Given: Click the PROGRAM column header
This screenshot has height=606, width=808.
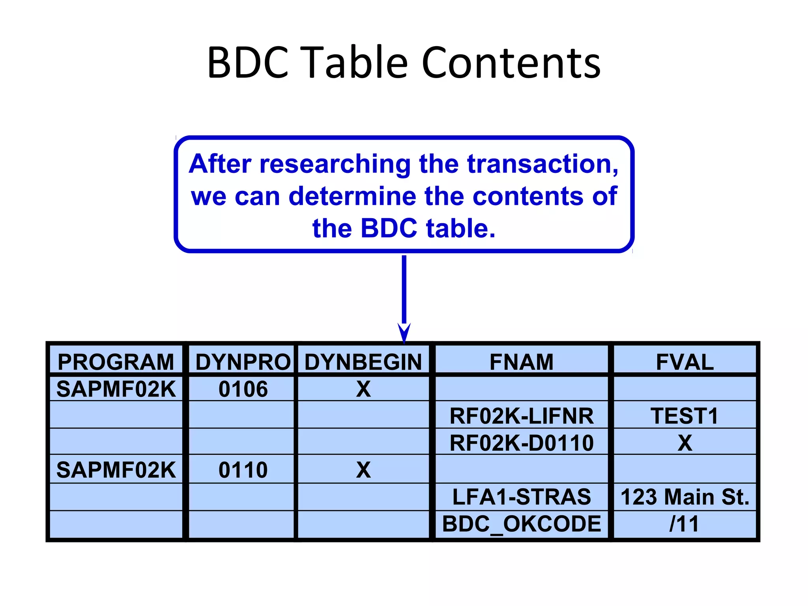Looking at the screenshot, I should (x=116, y=362).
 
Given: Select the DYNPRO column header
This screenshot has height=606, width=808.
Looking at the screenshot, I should (x=243, y=362).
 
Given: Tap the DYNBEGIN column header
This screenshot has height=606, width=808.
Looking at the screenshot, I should (x=363, y=362).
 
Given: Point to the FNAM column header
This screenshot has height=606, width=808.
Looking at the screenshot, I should (x=521, y=362).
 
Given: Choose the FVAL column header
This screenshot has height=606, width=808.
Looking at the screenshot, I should (x=685, y=362).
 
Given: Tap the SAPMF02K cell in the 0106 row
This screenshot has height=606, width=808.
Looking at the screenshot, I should (x=116, y=389).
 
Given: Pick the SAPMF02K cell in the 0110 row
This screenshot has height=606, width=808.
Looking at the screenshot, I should (x=116, y=470).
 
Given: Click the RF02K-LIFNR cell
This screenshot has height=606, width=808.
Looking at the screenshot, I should (x=521, y=416).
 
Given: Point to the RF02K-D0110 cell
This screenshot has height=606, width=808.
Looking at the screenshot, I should (x=521, y=443).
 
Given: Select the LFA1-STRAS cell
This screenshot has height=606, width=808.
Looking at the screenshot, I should (x=521, y=497).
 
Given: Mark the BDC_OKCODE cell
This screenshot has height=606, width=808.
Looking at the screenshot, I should (x=521, y=524).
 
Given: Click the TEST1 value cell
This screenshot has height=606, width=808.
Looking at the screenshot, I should (x=685, y=416).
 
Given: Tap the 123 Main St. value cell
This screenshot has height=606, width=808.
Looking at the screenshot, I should (x=685, y=497).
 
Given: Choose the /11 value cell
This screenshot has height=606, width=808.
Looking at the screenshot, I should (x=685, y=524).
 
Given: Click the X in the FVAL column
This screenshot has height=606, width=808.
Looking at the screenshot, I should (x=685, y=443).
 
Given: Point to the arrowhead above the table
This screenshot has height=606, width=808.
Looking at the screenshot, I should (x=404, y=333).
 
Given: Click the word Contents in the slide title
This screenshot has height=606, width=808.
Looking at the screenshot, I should (x=511, y=63).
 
